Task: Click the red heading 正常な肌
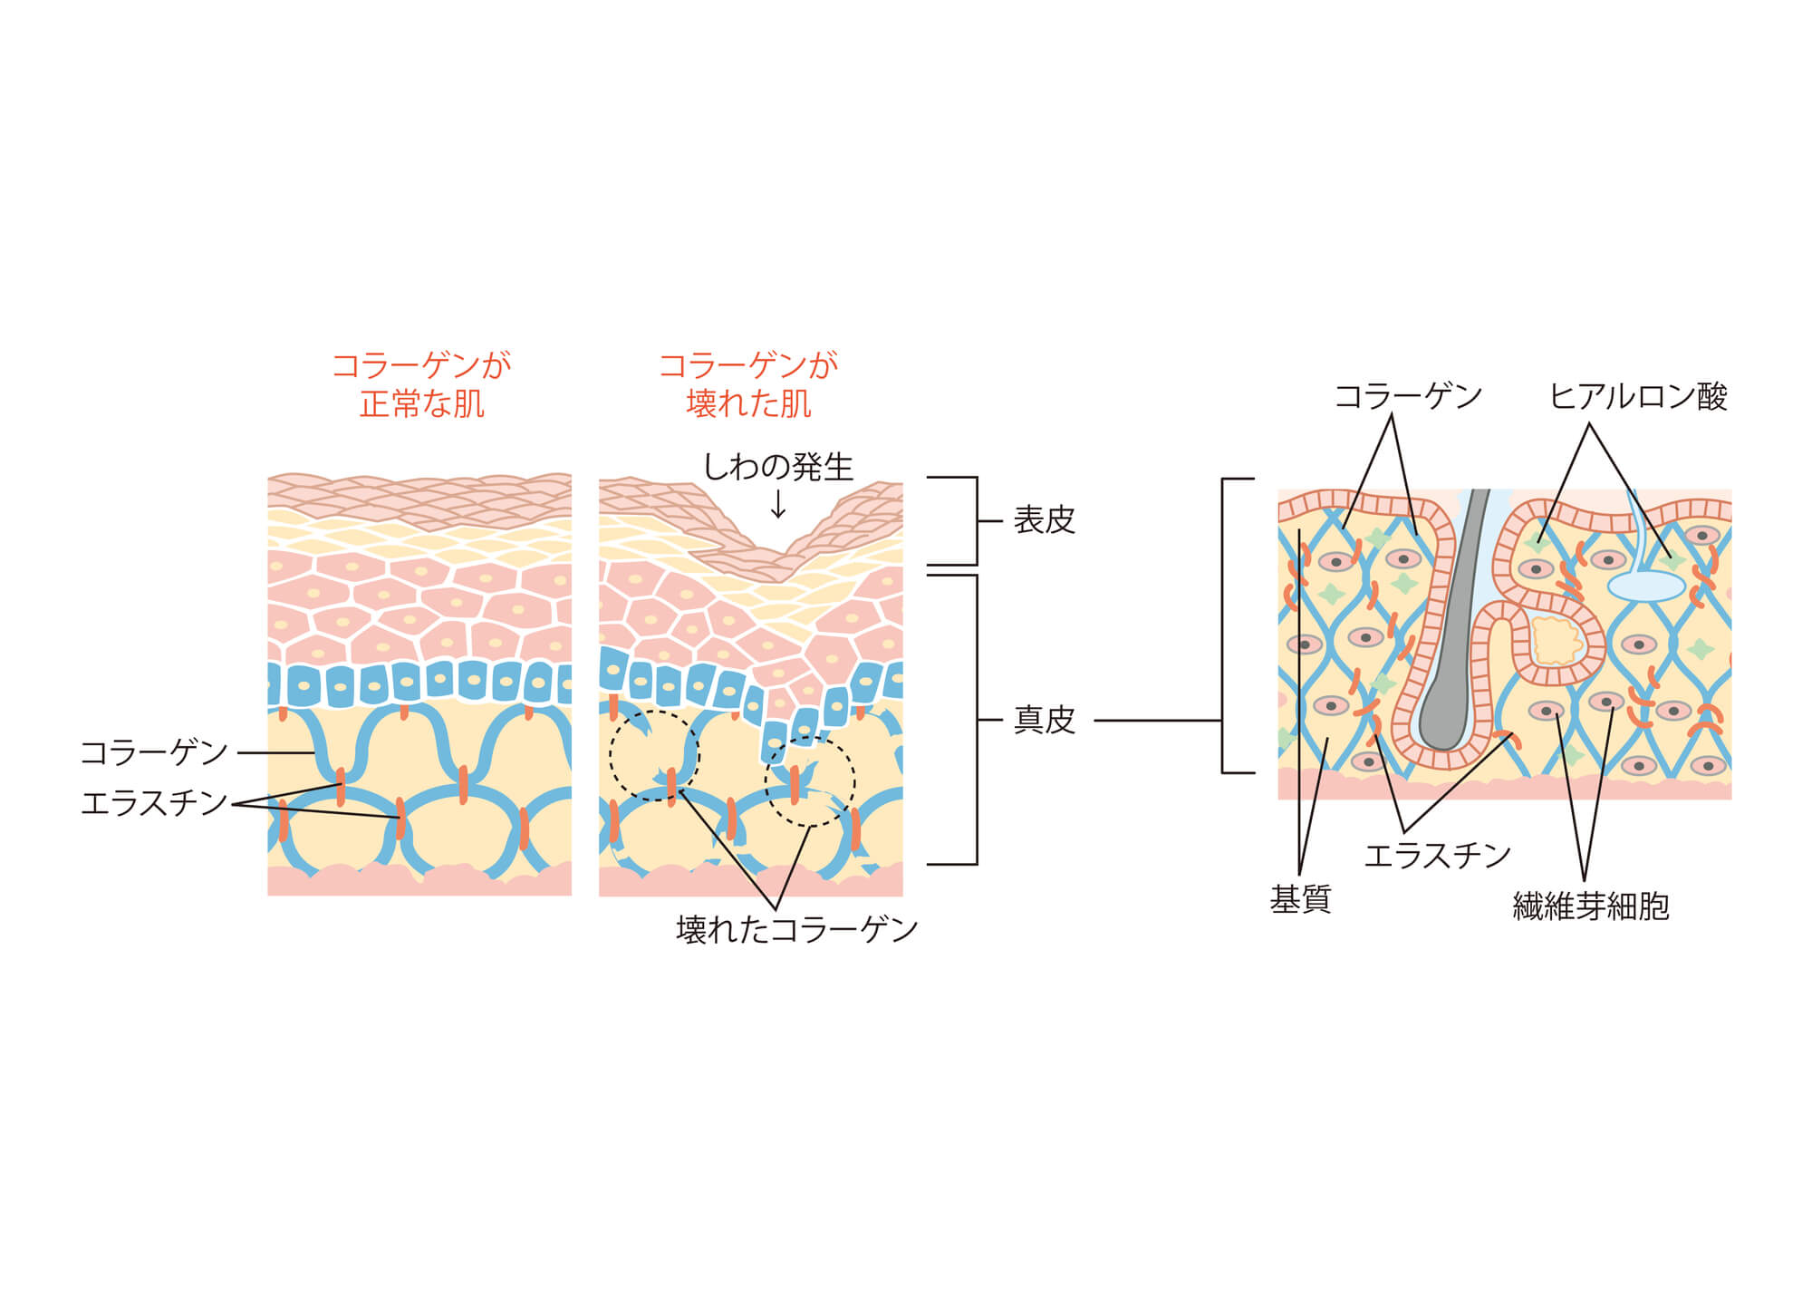(x=421, y=404)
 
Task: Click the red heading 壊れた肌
(x=748, y=404)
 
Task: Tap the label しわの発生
(x=778, y=467)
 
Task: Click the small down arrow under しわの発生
(x=778, y=504)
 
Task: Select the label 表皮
(x=1044, y=520)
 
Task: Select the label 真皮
(x=1044, y=721)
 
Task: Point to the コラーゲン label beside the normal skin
(x=154, y=752)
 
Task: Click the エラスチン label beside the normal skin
(x=154, y=803)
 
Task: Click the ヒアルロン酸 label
(x=1638, y=397)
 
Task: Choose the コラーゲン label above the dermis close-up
(x=1408, y=397)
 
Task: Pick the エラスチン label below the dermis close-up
(x=1438, y=856)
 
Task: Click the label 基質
(x=1300, y=900)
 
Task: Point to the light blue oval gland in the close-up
(x=1645, y=586)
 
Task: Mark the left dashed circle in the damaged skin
(x=654, y=755)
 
